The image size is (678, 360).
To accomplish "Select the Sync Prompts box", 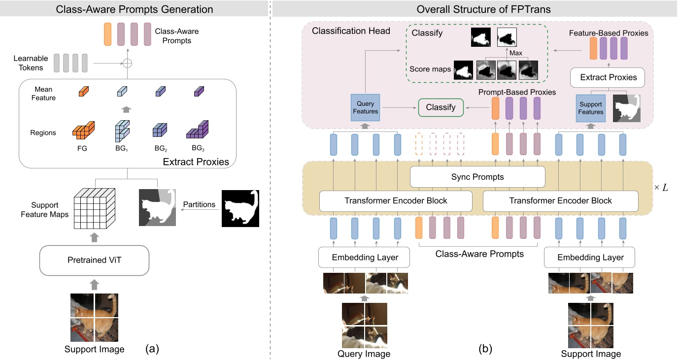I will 477,176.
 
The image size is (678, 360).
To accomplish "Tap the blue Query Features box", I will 365,107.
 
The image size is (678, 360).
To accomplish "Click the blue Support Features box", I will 591,107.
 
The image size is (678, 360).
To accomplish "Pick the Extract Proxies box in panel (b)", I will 608,77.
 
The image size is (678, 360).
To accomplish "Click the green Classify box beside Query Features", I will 441,107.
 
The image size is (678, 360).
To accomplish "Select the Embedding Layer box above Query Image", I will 365,257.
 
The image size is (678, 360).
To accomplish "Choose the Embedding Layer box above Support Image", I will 590,257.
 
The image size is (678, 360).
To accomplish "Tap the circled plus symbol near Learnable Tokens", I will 128,63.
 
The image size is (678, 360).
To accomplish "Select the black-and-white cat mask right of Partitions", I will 240,208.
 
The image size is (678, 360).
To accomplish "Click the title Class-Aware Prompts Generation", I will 135,9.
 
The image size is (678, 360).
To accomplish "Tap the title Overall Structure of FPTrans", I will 474,9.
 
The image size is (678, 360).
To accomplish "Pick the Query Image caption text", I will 364,354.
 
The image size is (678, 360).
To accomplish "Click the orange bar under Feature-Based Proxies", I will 594,49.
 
